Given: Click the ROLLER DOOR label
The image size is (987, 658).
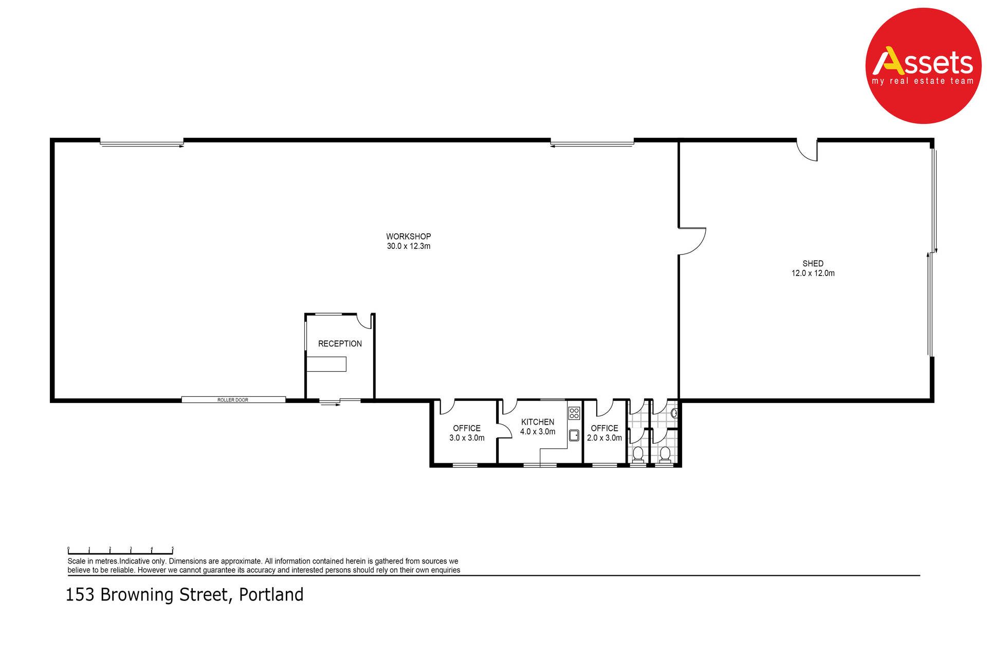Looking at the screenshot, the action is click(233, 400).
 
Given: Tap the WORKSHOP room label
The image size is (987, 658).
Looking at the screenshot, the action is click(409, 236).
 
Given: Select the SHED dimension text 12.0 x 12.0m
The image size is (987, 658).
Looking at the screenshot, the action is click(813, 273).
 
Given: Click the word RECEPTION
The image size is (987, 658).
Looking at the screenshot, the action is click(340, 344).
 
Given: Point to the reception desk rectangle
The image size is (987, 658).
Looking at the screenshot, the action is click(326, 364).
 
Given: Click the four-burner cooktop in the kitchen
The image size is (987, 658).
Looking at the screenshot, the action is click(574, 413).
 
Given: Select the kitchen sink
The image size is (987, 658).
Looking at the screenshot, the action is click(574, 435).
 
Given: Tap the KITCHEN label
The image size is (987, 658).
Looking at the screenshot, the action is click(538, 422).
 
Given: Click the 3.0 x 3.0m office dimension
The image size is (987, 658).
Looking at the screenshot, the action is click(467, 438).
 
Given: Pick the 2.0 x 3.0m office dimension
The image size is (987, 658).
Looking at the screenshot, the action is click(605, 438).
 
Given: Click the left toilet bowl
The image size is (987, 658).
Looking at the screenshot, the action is click(638, 454).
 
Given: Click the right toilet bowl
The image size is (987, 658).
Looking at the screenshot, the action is click(665, 454).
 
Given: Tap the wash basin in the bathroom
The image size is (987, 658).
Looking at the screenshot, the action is click(674, 413).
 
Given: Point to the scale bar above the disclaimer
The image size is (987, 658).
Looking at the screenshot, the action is click(120, 553).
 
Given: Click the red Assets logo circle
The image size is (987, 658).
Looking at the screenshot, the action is click(923, 66).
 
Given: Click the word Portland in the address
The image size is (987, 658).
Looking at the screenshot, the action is click(271, 595).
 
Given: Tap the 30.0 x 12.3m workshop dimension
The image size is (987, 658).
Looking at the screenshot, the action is click(409, 246).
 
